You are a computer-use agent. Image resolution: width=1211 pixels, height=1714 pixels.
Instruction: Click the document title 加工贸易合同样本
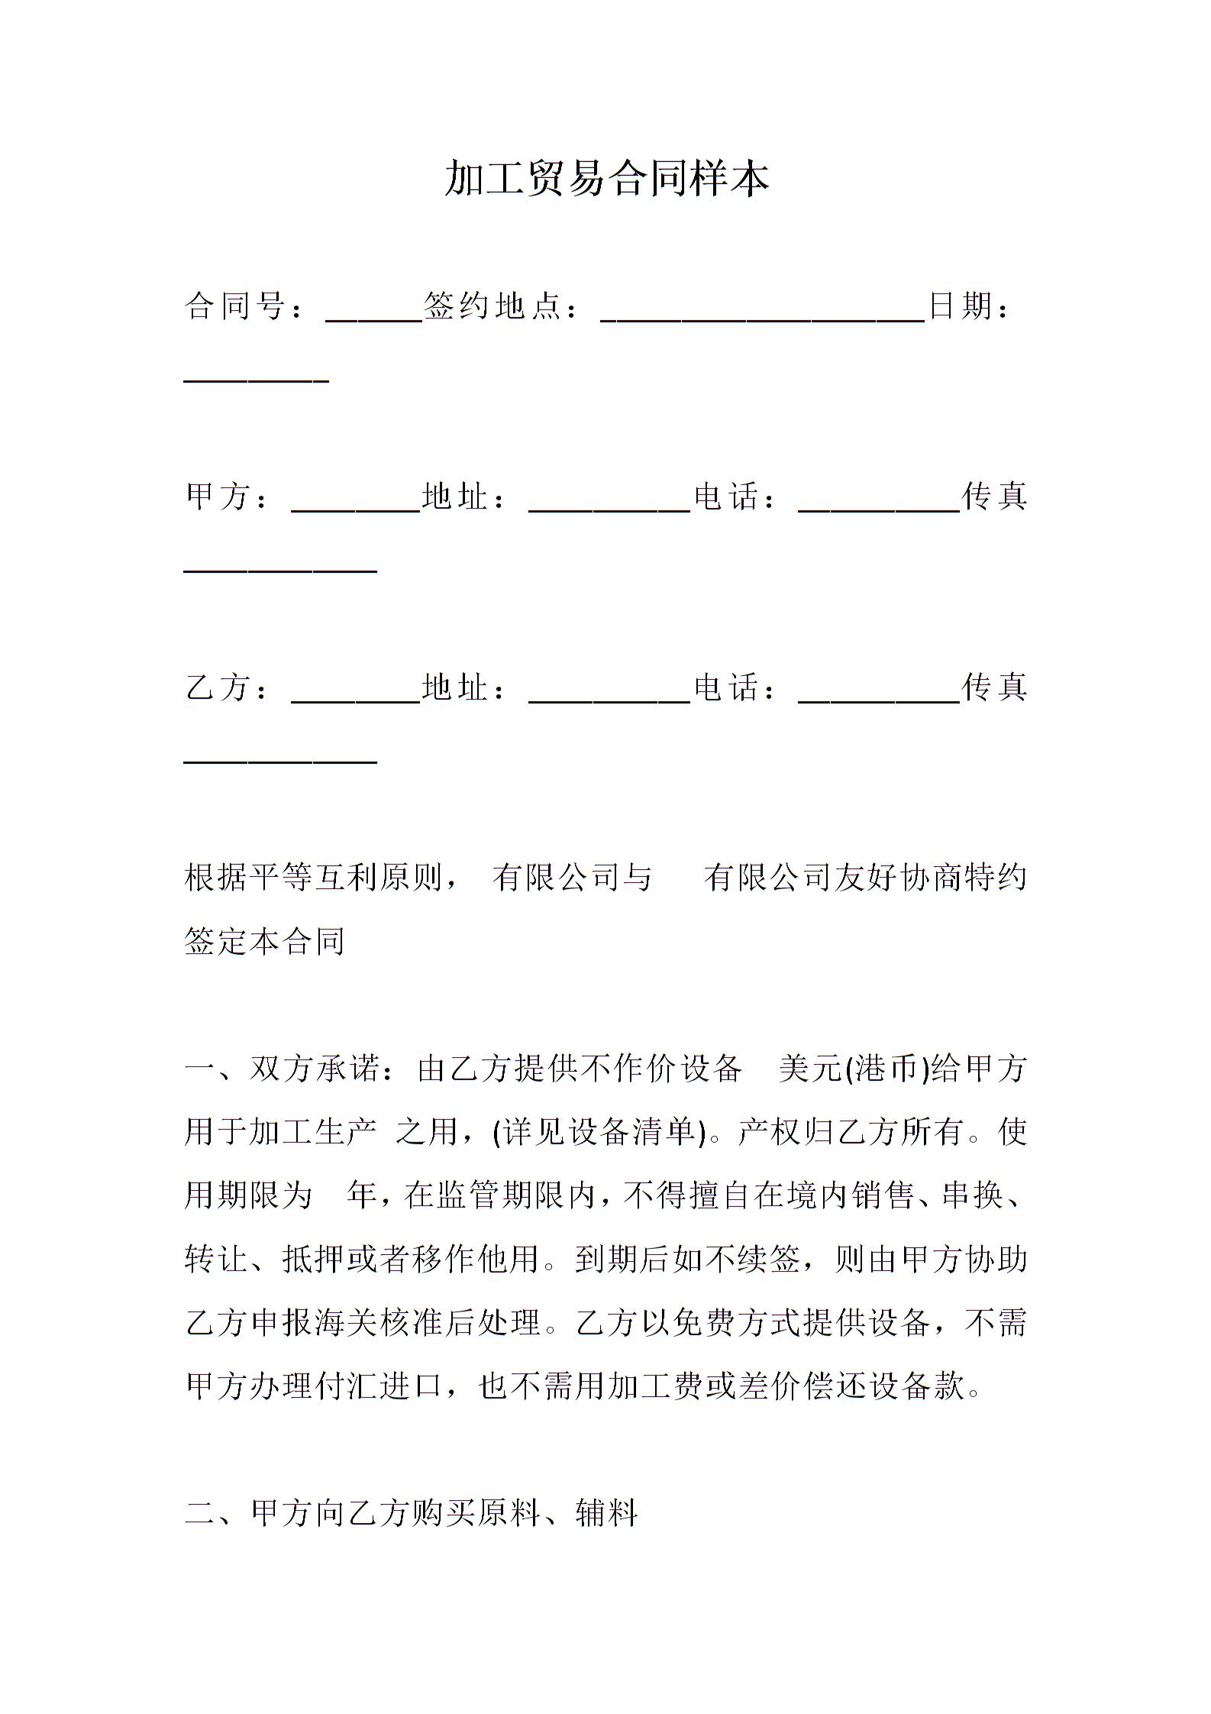606,179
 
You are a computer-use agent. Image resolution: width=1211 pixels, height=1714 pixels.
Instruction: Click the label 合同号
234,306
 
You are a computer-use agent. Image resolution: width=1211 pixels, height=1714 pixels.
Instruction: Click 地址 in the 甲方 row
455,496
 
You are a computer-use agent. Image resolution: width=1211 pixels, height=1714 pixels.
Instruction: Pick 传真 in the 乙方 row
994,687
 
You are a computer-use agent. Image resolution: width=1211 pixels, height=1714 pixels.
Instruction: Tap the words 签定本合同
265,941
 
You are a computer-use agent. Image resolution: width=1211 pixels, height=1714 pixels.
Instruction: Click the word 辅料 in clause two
606,1512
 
